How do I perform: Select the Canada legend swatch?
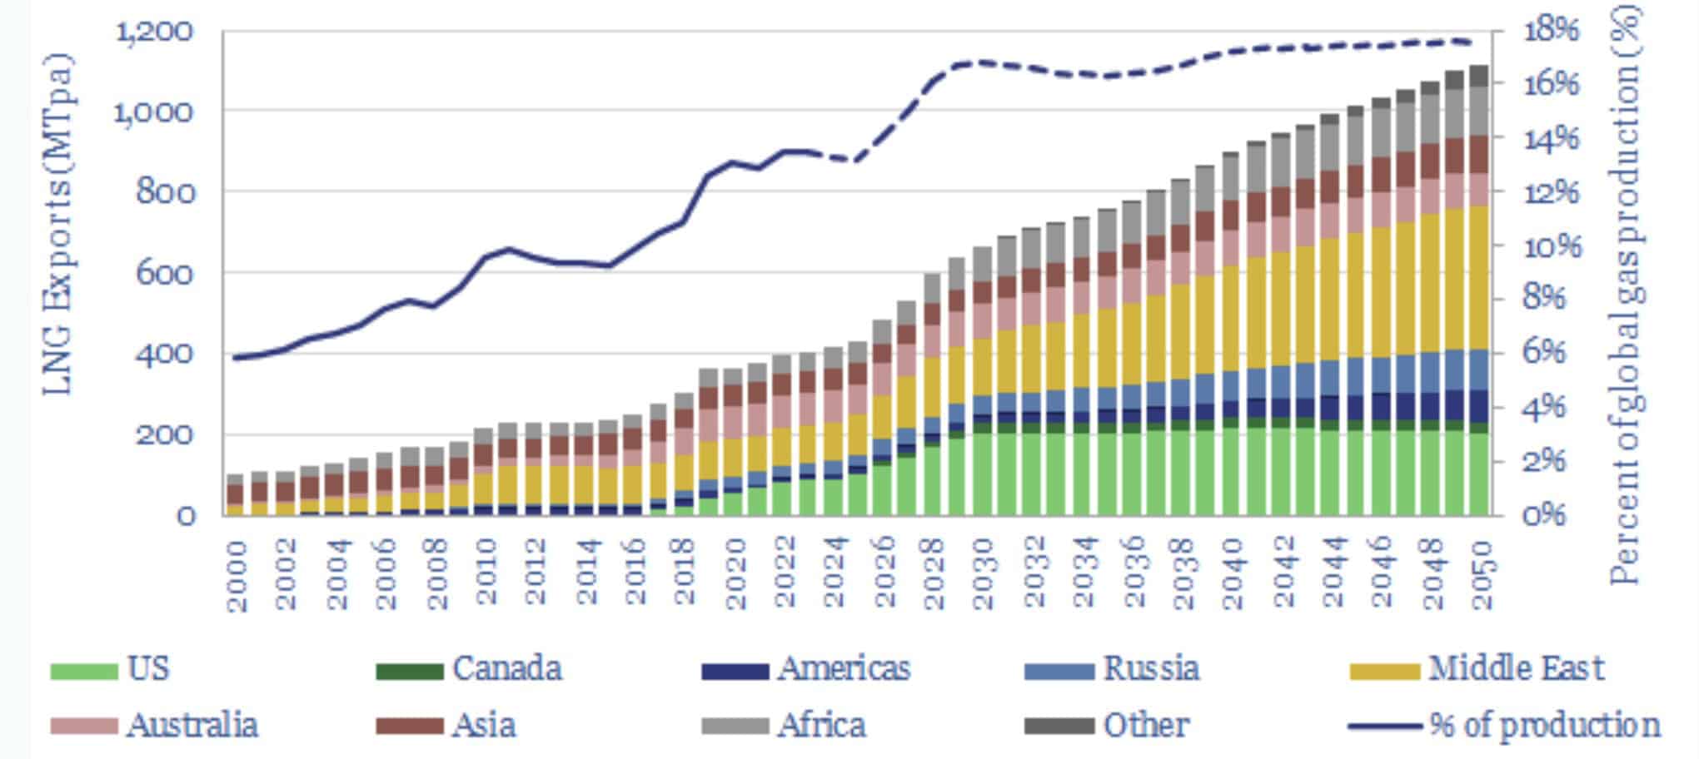[409, 671]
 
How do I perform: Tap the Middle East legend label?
[1516, 669]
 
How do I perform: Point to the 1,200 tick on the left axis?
[155, 32]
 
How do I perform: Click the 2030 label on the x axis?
[984, 574]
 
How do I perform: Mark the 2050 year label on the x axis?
[1481, 574]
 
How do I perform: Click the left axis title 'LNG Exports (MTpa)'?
[58, 225]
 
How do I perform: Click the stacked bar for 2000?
[236, 496]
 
